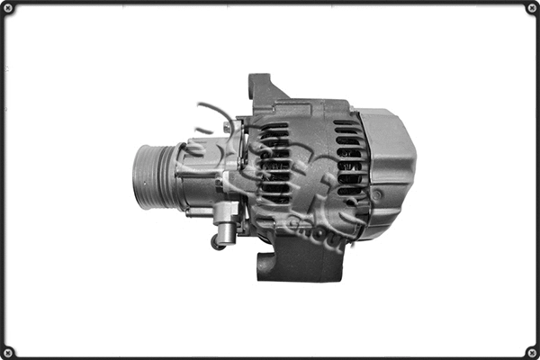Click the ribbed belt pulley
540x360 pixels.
pyautogui.click(x=150, y=175)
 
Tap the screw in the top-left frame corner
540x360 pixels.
pyautogui.click(x=8, y=8)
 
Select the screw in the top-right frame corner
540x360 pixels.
pyautogui.click(x=532, y=8)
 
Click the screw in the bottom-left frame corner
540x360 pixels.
pyautogui.click(x=8, y=352)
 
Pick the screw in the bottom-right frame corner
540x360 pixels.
pyautogui.click(x=532, y=352)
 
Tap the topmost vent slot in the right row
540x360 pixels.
pyautogui.click(x=346, y=125)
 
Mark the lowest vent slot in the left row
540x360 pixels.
pyautogui.click(x=277, y=200)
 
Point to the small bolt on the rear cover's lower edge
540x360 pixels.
pyautogui.click(x=376, y=194)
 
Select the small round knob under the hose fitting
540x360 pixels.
pyautogui.click(x=216, y=243)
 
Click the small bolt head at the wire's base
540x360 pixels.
pyautogui.click(x=236, y=126)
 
